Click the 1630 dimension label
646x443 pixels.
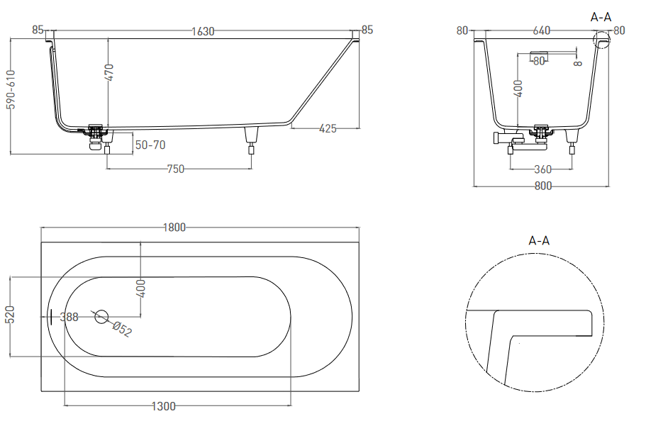coord(203,31)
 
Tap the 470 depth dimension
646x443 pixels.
coord(109,72)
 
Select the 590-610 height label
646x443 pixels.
coord(11,89)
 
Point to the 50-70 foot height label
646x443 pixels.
coord(150,145)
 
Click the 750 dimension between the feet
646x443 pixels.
coord(176,169)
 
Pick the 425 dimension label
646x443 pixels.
coord(328,129)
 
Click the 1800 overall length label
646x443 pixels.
coord(174,228)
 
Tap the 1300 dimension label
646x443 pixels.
coord(164,406)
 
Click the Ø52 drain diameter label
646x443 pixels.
coord(122,329)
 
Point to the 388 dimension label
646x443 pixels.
coord(69,317)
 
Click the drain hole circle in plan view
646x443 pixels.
coord(101,317)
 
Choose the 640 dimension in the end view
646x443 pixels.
coord(541,30)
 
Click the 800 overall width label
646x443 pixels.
coord(543,186)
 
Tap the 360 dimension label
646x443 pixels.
coord(542,169)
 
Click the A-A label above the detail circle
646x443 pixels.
coord(539,240)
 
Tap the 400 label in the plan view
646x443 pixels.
coord(141,288)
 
